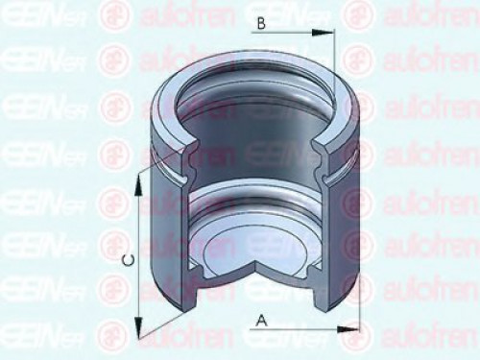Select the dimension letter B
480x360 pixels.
261,26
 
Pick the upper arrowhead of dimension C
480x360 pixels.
139,177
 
